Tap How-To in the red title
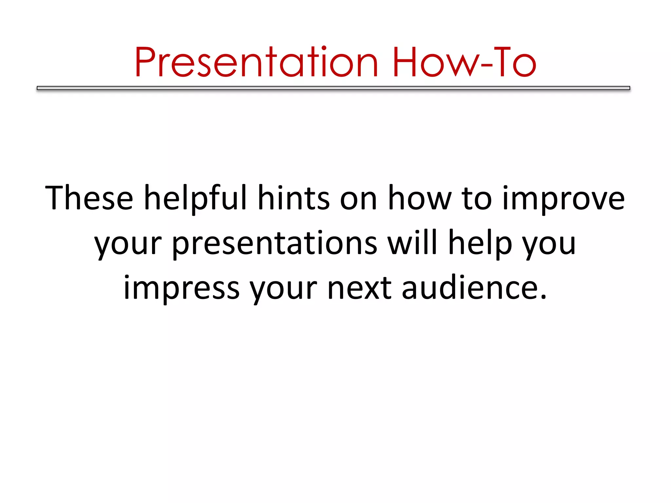coord(464,62)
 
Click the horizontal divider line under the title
coord(333,88)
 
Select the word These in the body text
coord(89,198)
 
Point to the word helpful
coord(195,198)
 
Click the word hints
coord(294,198)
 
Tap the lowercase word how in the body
coord(420,198)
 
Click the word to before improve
coord(477,198)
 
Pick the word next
coord(359,288)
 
